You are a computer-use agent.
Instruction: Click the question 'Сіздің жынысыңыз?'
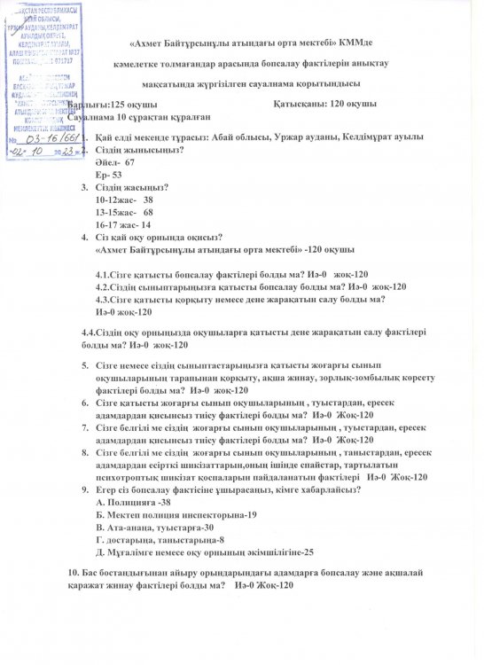coord(138,151)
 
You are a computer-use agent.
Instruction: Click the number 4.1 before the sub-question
coord(103,275)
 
